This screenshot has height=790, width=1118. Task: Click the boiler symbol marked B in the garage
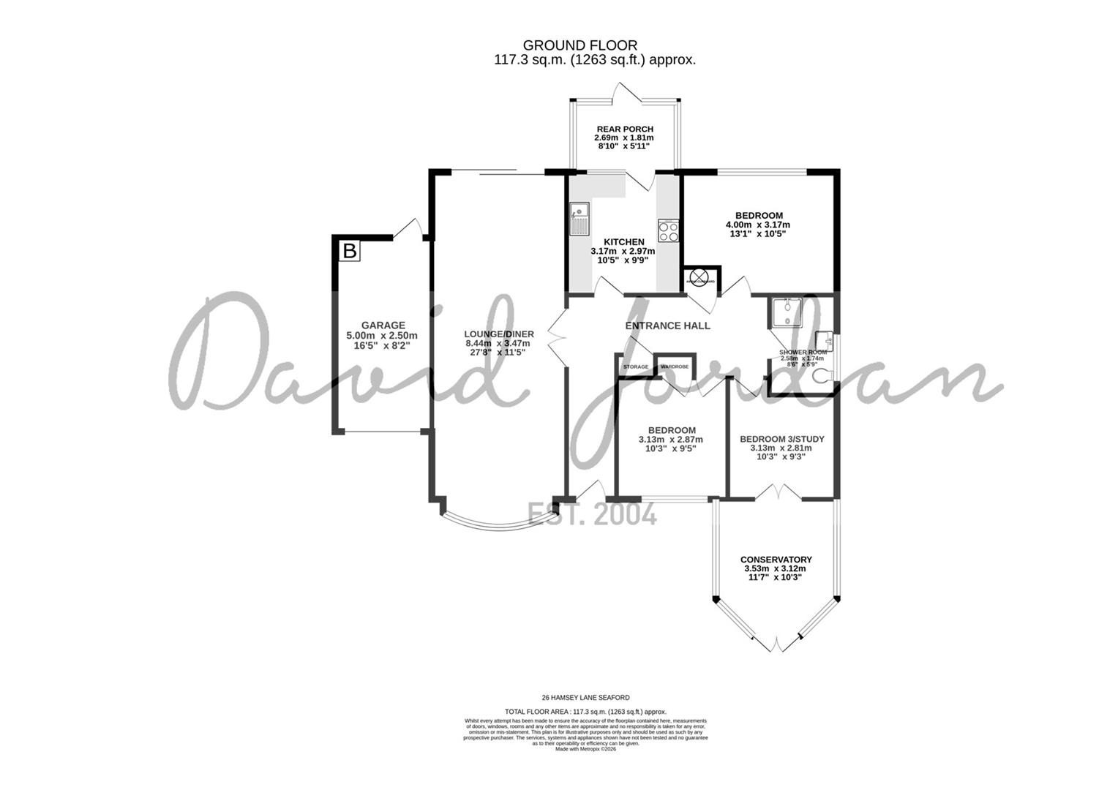click(x=350, y=252)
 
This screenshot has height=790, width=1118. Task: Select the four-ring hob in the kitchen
click(x=669, y=231)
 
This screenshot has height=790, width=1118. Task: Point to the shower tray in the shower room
click(x=784, y=313)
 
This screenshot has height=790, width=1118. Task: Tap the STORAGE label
click(x=635, y=366)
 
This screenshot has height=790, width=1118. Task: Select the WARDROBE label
click(x=675, y=366)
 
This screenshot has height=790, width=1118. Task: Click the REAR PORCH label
click(x=625, y=129)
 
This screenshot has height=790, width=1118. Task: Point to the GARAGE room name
click(x=383, y=326)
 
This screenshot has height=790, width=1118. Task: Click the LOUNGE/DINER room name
click(x=499, y=334)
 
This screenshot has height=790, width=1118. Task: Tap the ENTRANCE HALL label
click(x=667, y=326)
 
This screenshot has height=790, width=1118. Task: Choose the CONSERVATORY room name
click(x=776, y=560)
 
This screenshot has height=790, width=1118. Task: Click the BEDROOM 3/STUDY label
click(x=781, y=439)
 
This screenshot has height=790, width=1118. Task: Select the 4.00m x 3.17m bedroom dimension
click(x=757, y=225)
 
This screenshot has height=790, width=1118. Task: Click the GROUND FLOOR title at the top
click(x=579, y=45)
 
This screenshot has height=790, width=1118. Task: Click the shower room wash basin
click(x=824, y=340)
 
